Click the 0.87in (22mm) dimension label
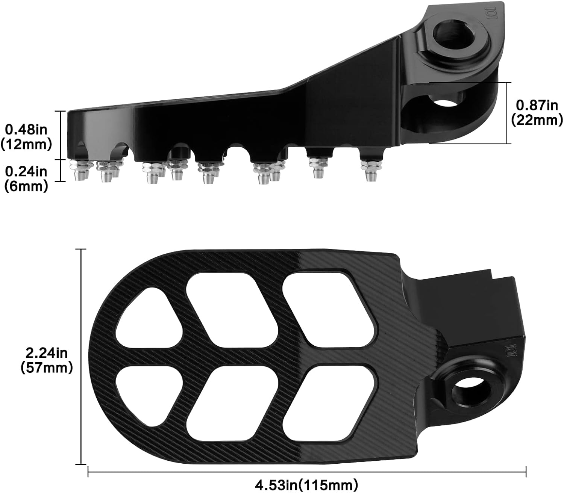(537, 112)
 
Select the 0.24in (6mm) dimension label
(26, 178)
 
